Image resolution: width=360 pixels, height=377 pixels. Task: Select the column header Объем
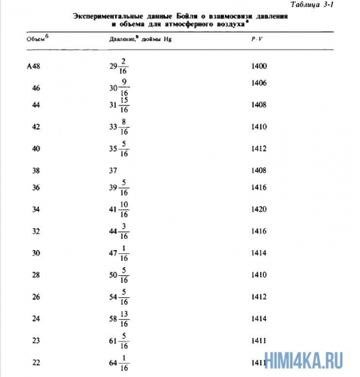pyautogui.click(x=36, y=39)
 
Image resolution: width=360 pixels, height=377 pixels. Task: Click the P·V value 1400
pyautogui.click(x=259, y=66)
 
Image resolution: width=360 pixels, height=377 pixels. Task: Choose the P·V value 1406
pyautogui.click(x=259, y=83)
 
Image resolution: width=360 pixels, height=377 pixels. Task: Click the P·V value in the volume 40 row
pyautogui.click(x=259, y=149)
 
